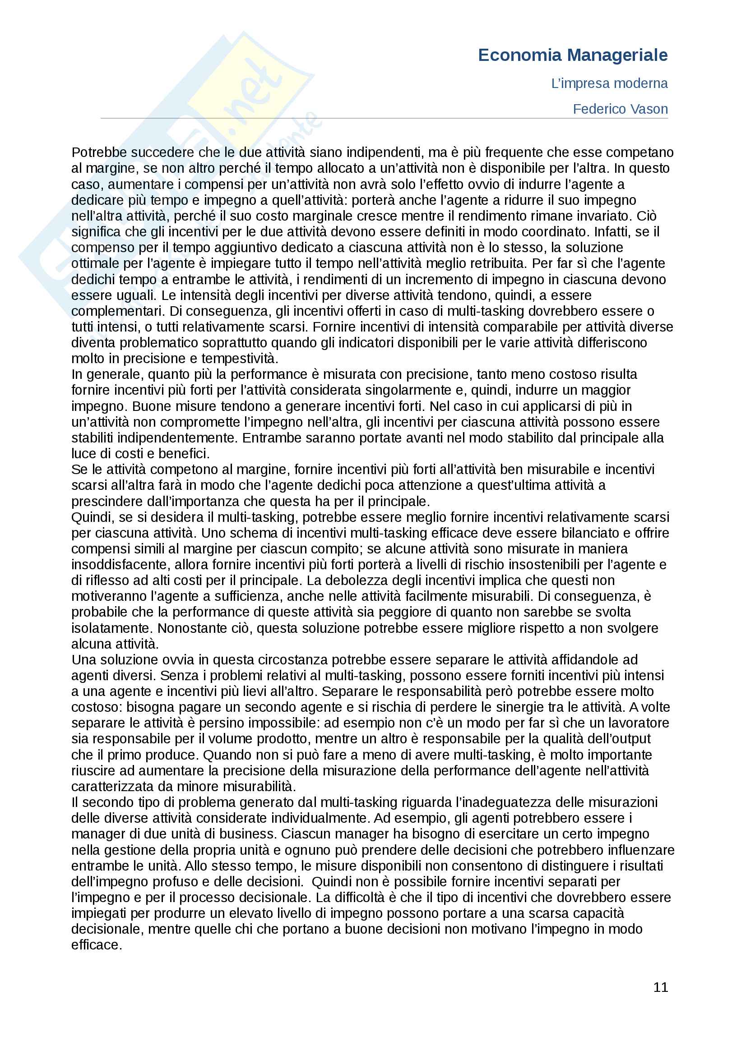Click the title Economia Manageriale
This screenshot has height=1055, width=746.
click(x=572, y=55)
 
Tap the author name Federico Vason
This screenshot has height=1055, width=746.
click(x=620, y=109)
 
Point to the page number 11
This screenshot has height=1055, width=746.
click(x=661, y=987)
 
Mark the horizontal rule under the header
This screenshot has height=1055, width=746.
click(x=384, y=119)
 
